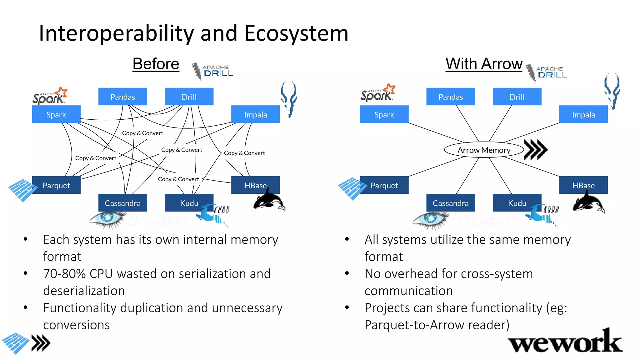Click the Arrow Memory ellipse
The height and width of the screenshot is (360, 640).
[484, 150]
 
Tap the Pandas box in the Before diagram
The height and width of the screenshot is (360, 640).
[122, 97]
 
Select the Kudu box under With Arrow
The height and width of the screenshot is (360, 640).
[517, 203]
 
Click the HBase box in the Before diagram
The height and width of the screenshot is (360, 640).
[255, 185]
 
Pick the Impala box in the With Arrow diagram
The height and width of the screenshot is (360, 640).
[583, 114]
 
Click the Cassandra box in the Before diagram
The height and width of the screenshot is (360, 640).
[122, 203]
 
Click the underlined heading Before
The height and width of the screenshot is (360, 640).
[156, 64]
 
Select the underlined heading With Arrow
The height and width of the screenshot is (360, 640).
[484, 64]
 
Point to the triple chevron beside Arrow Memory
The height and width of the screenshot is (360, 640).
[535, 150]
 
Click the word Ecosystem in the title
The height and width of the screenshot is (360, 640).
[296, 33]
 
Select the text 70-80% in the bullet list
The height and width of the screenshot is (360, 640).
[64, 274]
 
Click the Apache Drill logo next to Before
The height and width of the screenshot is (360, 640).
[212, 71]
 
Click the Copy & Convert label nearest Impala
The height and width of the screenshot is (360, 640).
[244, 153]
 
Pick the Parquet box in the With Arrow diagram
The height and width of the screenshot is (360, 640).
[384, 185]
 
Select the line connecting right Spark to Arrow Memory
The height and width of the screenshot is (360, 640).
[436, 132]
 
